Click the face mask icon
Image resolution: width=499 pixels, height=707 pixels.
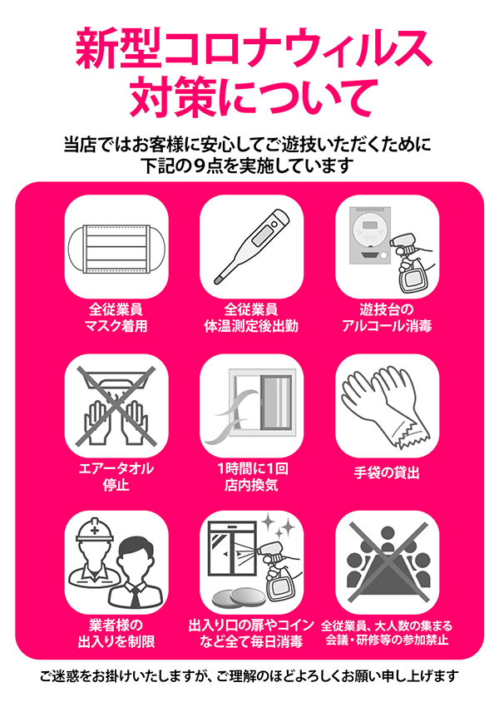coord(116,246)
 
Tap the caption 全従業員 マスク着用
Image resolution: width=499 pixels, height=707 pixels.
coord(116,317)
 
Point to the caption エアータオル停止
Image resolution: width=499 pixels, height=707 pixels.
coord(116,477)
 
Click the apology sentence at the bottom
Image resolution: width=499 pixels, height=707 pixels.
coord(249,675)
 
